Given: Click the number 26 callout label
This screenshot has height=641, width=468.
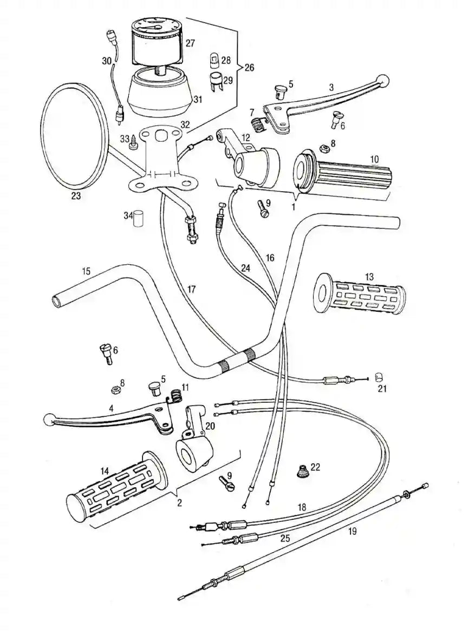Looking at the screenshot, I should pyautogui.click(x=249, y=68).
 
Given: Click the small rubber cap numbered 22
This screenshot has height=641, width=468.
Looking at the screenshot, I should pyautogui.click(x=302, y=471).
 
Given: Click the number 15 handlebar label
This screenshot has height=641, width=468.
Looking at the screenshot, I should pyautogui.click(x=86, y=271).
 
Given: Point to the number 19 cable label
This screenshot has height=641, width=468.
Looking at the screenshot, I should pyautogui.click(x=352, y=532).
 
